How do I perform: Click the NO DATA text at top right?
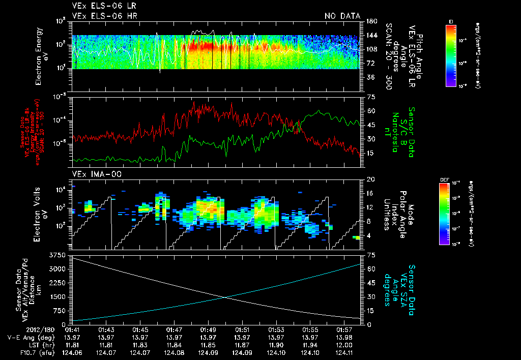click(342, 16)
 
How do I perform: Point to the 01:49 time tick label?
click(208, 330)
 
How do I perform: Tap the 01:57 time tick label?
click(344, 330)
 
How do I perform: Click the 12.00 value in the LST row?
click(344, 344)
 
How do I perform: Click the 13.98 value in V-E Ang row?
click(344, 337)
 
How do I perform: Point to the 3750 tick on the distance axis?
click(60, 254)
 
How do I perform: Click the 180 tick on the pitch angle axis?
click(371, 21)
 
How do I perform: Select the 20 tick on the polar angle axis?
click(370, 179)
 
